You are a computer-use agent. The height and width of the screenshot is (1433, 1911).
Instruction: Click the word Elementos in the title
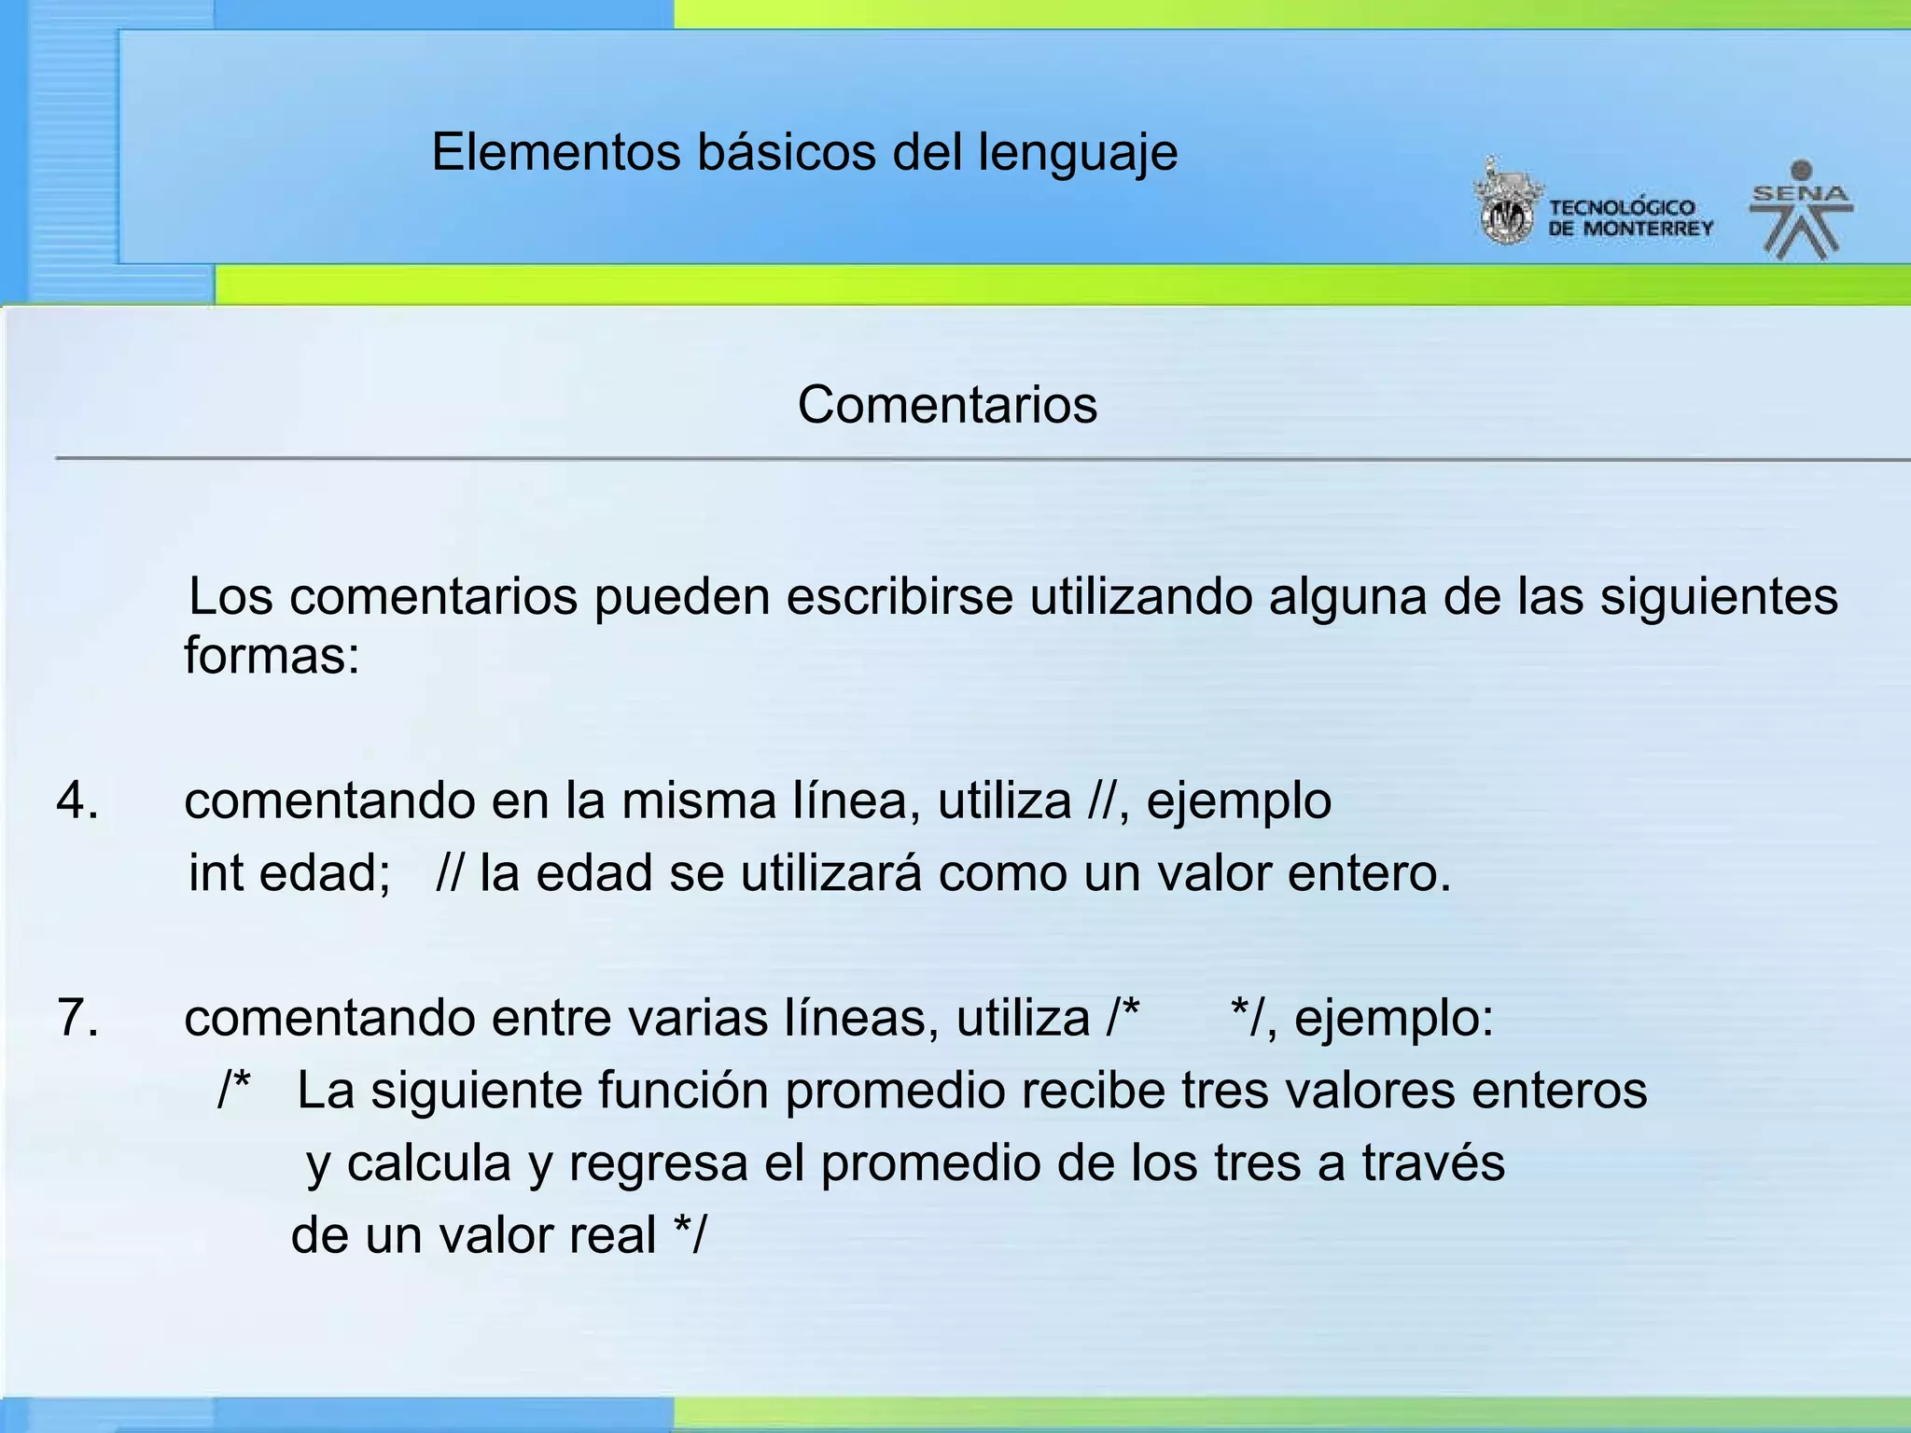[x=556, y=152]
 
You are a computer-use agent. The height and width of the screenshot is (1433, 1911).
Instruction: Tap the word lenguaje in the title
[x=1078, y=154]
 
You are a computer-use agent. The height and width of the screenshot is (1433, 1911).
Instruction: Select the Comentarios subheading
[x=947, y=405]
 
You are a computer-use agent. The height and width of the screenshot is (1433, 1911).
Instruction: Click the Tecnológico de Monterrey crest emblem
[x=1505, y=204]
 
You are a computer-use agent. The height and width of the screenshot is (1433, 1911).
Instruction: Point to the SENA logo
[x=1801, y=209]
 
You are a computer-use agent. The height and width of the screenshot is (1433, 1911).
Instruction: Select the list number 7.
[x=77, y=1018]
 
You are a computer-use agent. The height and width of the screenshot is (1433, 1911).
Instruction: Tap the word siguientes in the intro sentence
[x=1719, y=597]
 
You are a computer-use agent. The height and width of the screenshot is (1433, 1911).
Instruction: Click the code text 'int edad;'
[x=289, y=874]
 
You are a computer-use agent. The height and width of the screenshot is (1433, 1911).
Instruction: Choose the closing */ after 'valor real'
[x=690, y=1234]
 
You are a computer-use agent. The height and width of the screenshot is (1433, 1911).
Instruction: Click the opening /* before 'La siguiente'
[x=234, y=1089]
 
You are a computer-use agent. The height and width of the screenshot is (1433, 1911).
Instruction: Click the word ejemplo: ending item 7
[x=1394, y=1018]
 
